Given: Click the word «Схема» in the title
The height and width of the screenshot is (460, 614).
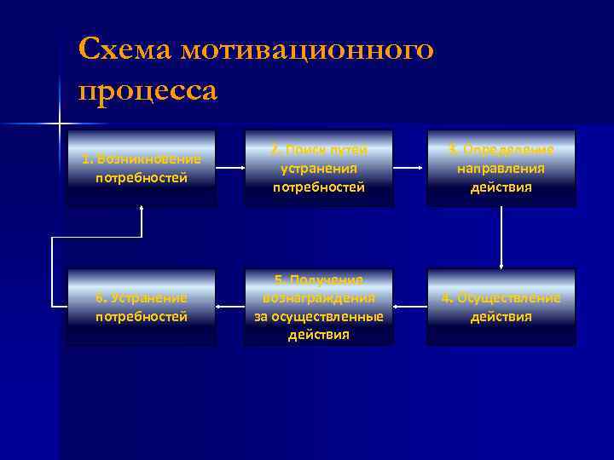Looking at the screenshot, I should (x=125, y=49).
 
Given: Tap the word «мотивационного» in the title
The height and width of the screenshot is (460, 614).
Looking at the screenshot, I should (x=310, y=49).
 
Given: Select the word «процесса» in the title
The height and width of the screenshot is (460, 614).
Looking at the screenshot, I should (x=147, y=89).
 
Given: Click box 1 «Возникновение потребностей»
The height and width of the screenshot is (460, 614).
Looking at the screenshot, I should (x=142, y=168).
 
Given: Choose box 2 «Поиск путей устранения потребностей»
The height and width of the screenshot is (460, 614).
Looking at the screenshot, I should (x=319, y=168).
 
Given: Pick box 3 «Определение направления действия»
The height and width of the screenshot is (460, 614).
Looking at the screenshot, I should (x=501, y=168).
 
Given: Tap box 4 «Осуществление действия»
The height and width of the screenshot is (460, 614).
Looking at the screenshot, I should (x=501, y=307).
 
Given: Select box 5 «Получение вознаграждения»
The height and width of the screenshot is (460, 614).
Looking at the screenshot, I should (x=319, y=307).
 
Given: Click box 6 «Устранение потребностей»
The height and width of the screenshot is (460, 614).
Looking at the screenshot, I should (x=142, y=307).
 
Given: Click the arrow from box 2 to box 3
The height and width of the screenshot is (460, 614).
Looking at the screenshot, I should (x=410, y=169).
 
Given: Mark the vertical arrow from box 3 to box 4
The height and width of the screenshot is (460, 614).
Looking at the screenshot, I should (x=501, y=238).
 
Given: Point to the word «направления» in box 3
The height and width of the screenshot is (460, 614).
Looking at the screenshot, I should (x=501, y=168).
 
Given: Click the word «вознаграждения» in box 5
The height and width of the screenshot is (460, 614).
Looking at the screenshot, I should (x=319, y=299).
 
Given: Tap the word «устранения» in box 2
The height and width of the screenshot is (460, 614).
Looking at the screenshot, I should (x=319, y=168).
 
